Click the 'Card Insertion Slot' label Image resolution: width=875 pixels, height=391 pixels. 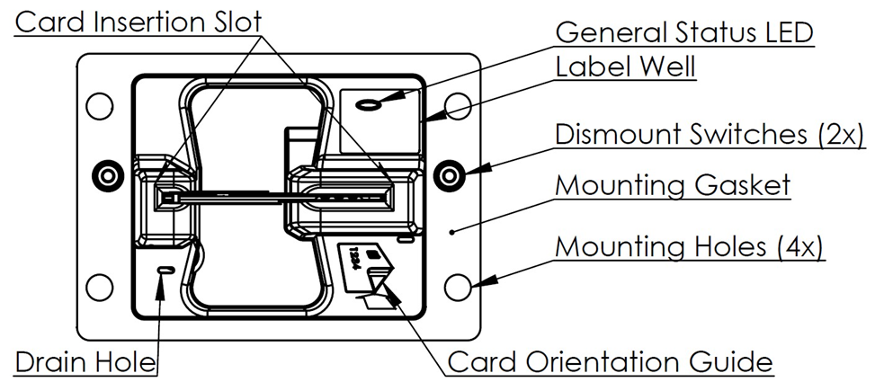tap(138, 22)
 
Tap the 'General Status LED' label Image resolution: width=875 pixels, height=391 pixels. tap(684, 32)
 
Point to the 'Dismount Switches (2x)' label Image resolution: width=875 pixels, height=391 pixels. tap(710, 135)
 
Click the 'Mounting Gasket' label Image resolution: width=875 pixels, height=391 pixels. tap(673, 184)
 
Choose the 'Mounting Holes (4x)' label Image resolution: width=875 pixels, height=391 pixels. tap(689, 246)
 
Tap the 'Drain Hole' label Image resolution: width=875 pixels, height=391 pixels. tap(85, 362)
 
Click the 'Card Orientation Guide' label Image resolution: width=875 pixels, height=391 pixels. tap(611, 362)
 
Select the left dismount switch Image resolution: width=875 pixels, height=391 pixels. tap(107, 175)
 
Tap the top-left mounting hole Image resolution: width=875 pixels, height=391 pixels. tap(100, 106)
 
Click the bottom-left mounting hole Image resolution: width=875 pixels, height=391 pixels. tap(100, 288)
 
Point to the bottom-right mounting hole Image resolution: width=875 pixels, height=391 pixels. tap(458, 288)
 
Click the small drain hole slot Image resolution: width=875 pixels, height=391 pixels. tap(166, 270)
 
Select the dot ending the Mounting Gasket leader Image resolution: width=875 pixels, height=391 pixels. tap(452, 230)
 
